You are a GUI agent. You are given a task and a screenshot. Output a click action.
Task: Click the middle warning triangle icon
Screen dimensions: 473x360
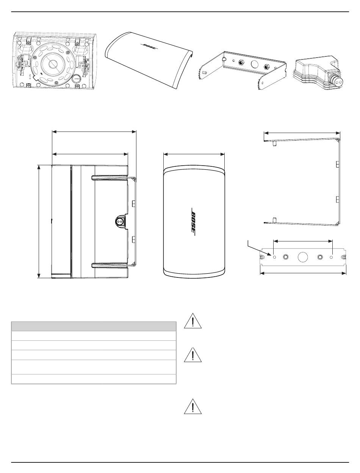193,356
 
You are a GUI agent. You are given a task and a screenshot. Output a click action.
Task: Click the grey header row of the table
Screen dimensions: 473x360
94,326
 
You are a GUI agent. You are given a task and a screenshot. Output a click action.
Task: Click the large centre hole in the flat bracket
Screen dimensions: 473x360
302,257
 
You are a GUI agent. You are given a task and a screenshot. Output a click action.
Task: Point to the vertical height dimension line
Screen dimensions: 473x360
39,221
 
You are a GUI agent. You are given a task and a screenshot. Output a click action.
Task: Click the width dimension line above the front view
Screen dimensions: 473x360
194,154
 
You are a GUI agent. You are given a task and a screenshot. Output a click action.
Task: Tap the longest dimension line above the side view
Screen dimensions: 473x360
94,132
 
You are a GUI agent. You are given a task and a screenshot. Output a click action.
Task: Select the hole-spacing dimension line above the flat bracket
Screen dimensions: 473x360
303,240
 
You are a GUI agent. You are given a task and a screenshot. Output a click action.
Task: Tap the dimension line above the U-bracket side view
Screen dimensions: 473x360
302,133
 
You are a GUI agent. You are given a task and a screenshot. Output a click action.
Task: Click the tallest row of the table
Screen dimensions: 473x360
94,367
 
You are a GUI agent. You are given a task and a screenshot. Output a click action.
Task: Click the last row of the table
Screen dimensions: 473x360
94,379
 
